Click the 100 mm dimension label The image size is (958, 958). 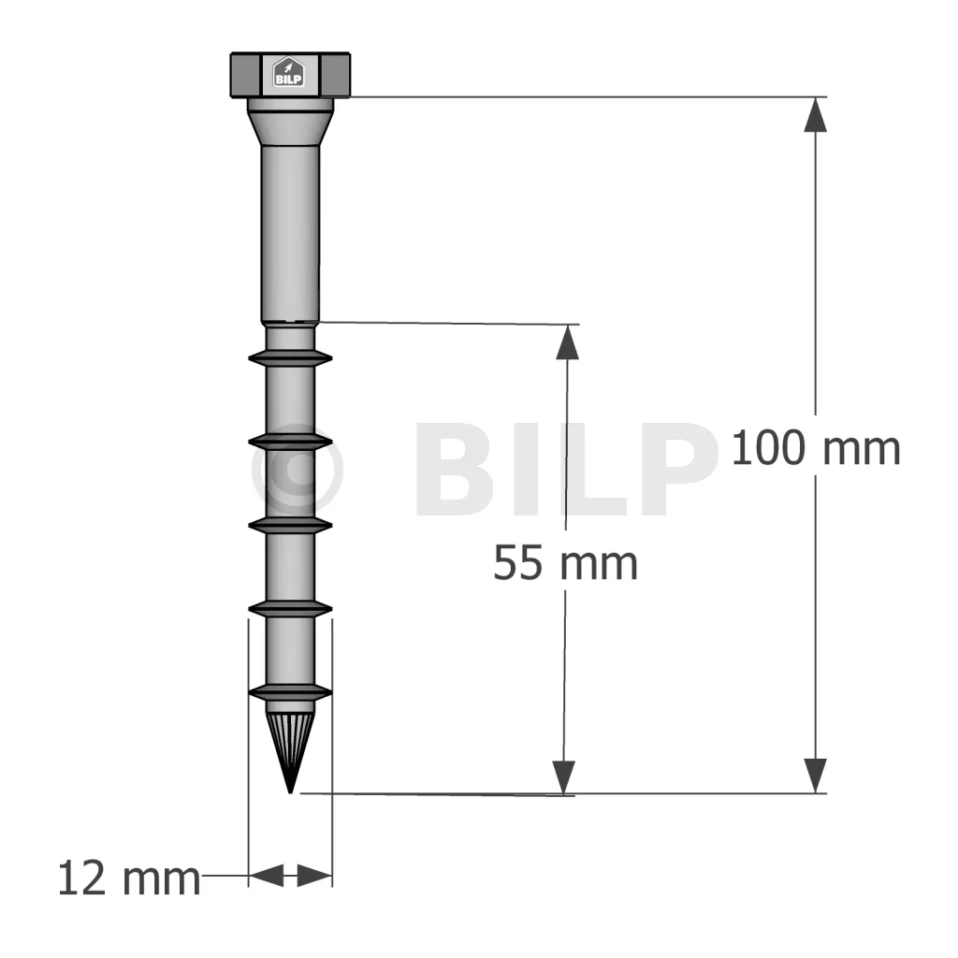[816, 448]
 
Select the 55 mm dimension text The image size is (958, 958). [565, 563]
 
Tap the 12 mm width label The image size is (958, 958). [129, 879]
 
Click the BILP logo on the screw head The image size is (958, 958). [288, 73]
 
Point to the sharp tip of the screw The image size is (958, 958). [290, 792]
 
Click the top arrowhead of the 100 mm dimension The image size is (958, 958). [815, 114]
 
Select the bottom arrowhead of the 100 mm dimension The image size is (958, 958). [815, 776]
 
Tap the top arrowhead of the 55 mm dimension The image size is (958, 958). [568, 341]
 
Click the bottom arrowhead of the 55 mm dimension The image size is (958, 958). [563, 777]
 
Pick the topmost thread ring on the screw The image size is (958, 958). [290, 358]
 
